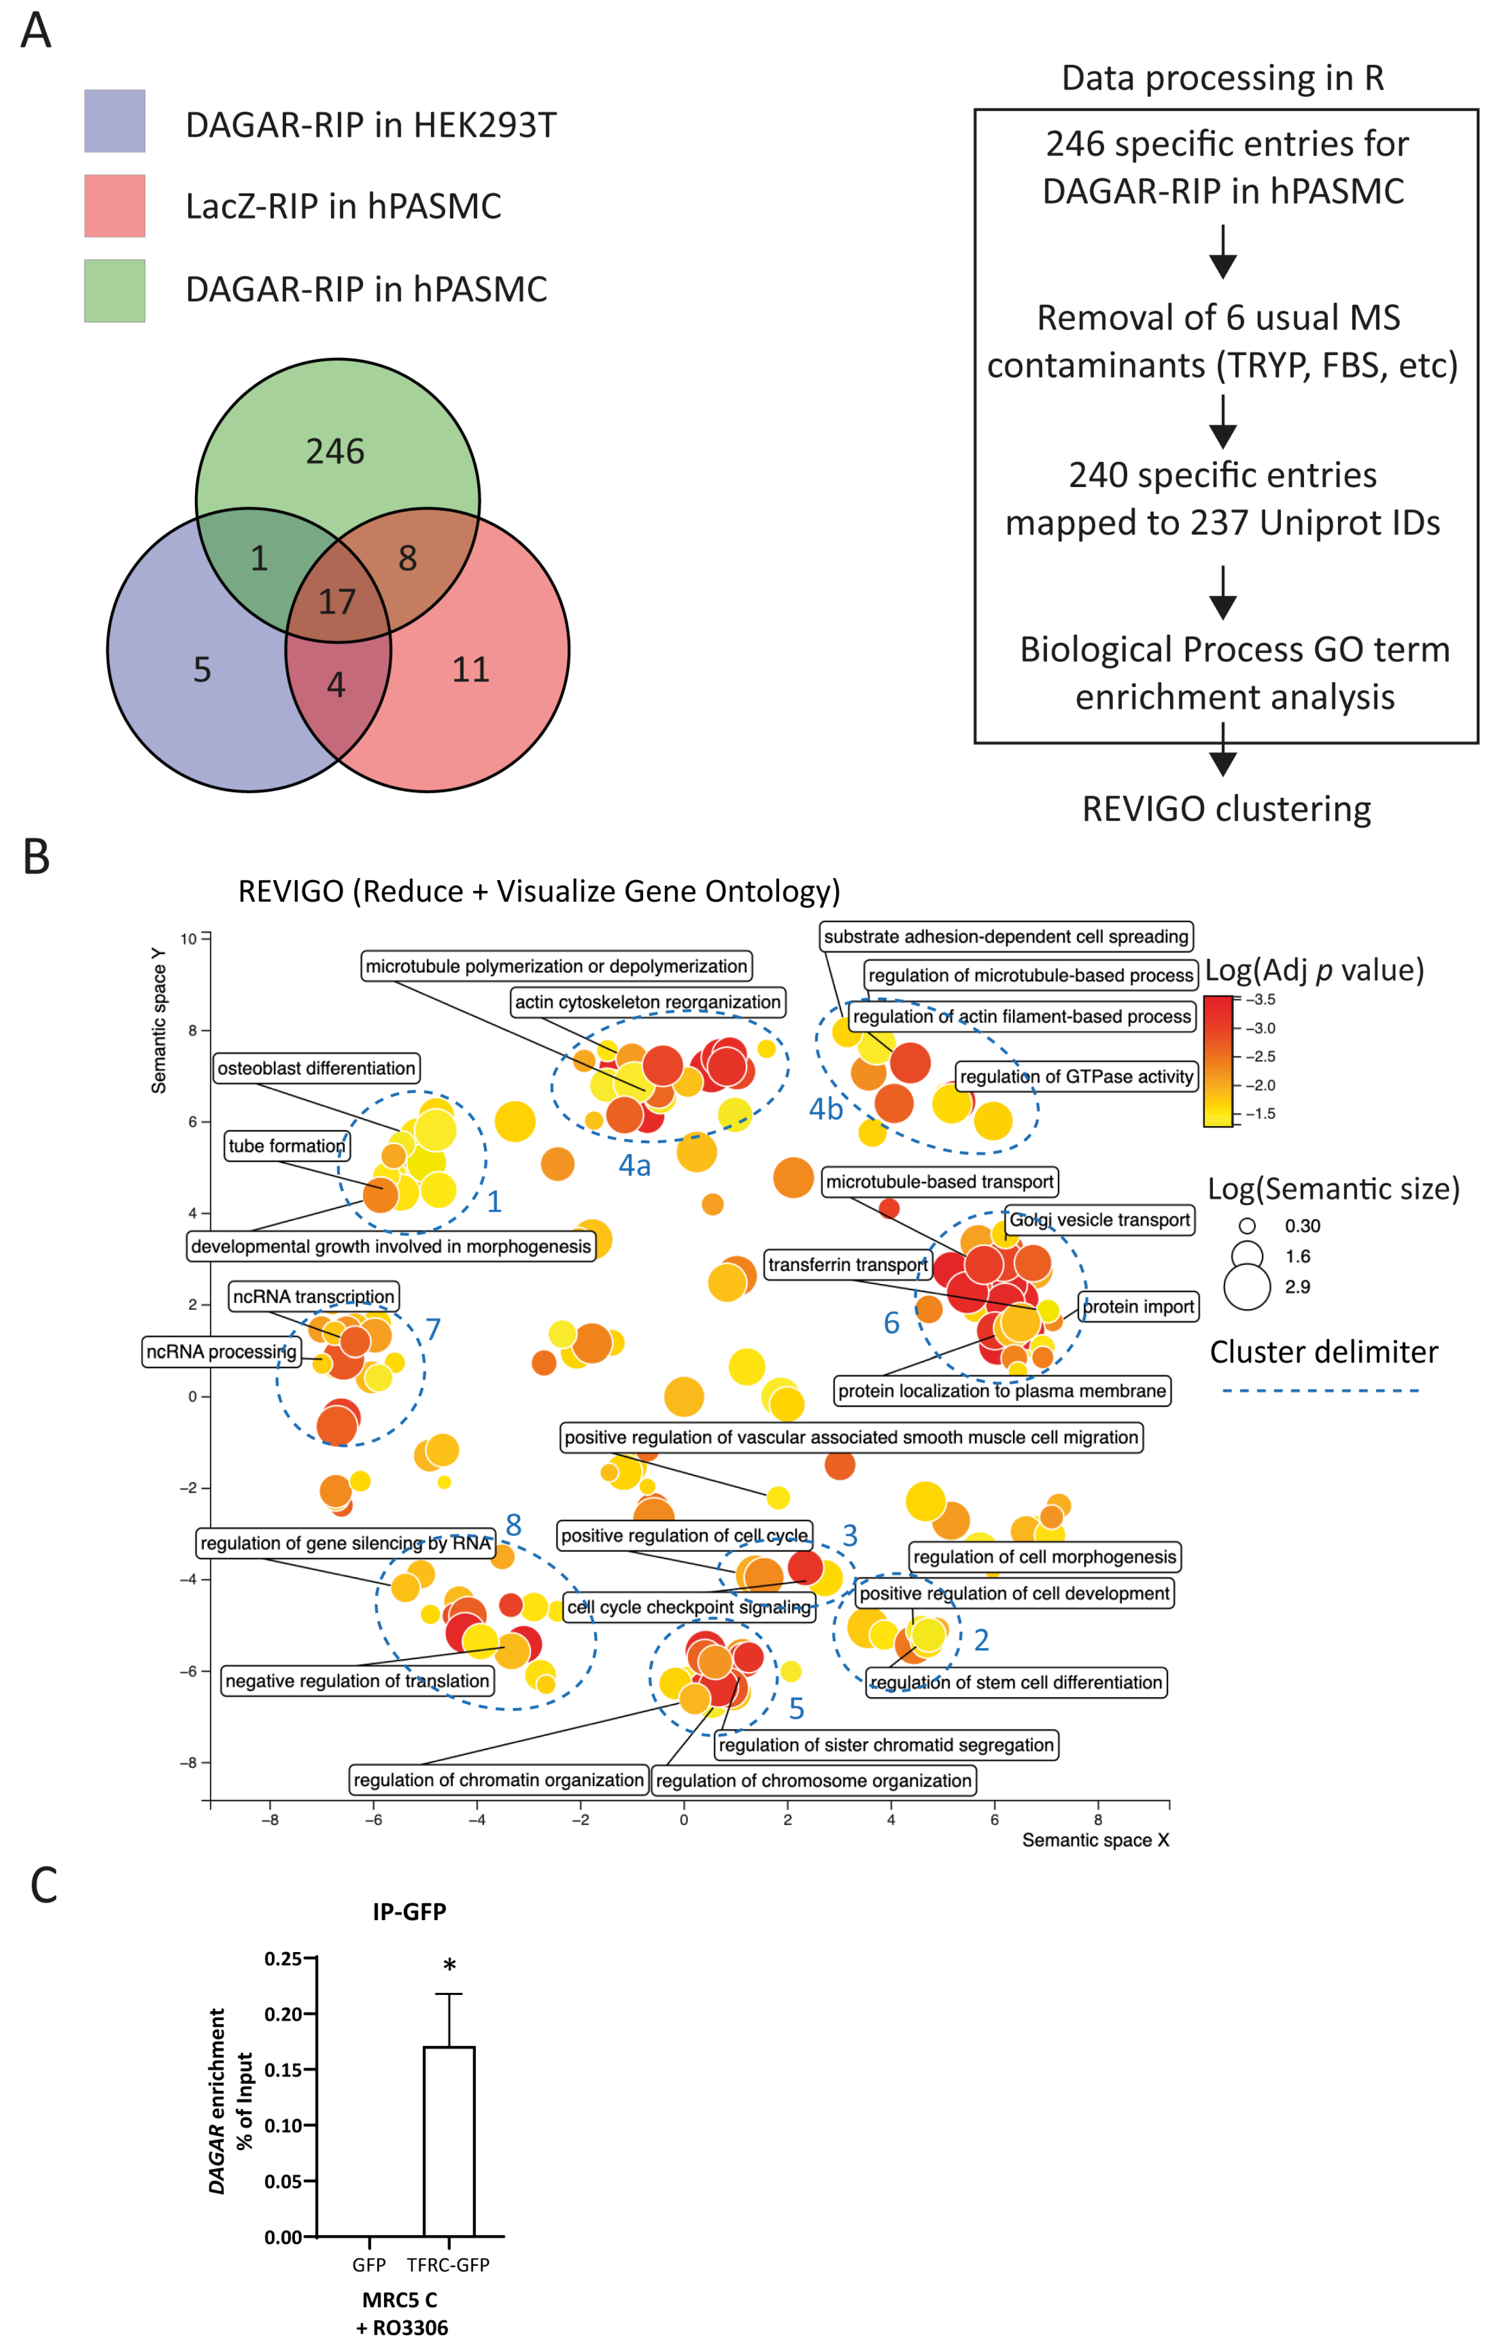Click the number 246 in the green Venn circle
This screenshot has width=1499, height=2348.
coord(335,452)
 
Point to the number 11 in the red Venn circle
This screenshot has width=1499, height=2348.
coord(471,670)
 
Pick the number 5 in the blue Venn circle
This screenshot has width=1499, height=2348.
coord(202,670)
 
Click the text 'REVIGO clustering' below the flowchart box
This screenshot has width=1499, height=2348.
coord(1226,808)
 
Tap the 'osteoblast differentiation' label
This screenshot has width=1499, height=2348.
coord(316,1068)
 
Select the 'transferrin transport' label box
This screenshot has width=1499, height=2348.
coord(847,1265)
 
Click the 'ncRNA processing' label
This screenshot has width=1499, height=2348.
coord(222,1351)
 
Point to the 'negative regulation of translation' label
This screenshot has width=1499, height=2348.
coord(357,1681)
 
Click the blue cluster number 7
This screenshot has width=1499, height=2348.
coord(433,1329)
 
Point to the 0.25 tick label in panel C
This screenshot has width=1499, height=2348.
coord(283,1959)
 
